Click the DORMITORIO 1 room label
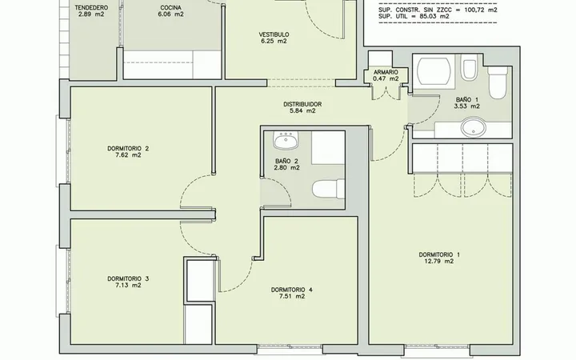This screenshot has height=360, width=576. pos(439,254)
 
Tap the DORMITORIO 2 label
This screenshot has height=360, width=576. pos(128,149)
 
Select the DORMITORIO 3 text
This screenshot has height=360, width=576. pos(128,278)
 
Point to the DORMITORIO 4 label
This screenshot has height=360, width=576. pos(292,290)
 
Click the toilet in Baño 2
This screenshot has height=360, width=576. pos(329,189)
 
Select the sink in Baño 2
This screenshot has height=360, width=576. pos(286,141)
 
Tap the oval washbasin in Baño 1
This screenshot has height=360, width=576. pos(474,127)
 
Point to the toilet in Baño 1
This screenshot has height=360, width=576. pos(498,82)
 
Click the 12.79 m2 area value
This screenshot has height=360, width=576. pos(439,261)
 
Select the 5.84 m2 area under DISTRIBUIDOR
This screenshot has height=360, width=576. pos(302,110)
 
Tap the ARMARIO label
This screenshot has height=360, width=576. pos(386,72)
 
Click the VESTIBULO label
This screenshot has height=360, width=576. pos(274,35)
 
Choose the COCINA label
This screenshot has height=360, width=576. pos(171,8)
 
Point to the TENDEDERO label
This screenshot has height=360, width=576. pos(91,8)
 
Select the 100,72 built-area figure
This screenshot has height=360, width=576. pos(475,10)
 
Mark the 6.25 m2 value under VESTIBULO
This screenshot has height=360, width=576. pos(274,41)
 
